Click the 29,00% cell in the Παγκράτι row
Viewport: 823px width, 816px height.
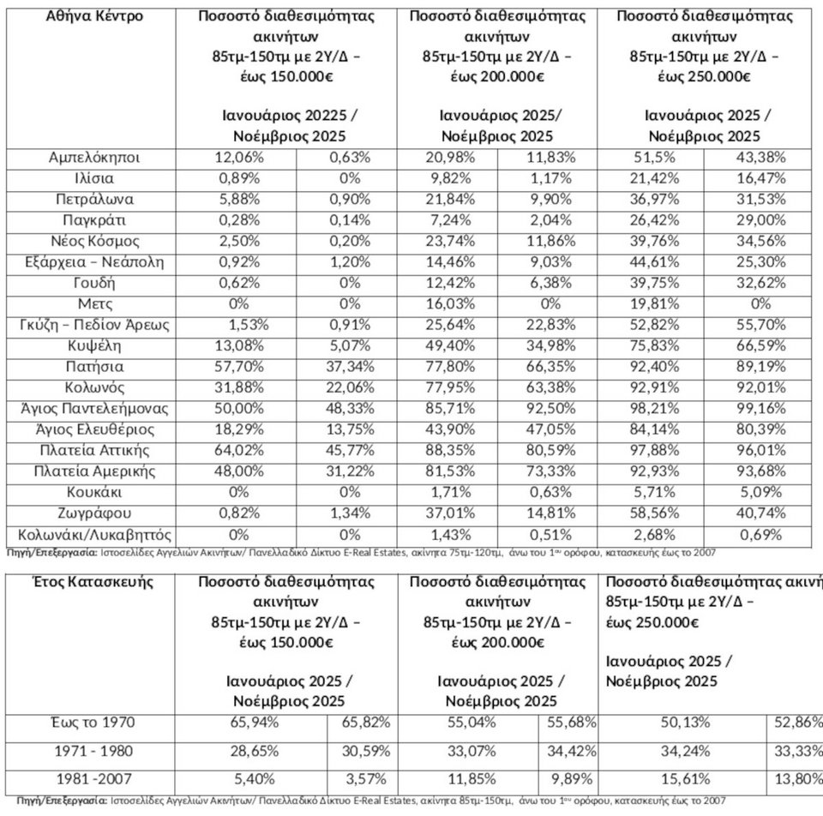[x=757, y=220]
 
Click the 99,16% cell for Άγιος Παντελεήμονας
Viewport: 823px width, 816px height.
[x=757, y=409]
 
